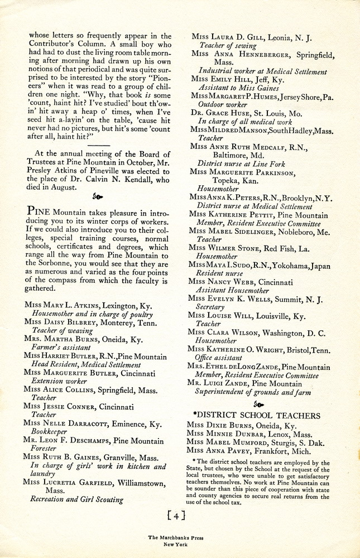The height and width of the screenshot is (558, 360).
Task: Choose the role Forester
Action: click(44, 450)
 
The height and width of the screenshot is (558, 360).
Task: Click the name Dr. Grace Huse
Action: click(217, 112)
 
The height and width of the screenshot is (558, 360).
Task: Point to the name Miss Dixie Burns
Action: click(220, 425)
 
